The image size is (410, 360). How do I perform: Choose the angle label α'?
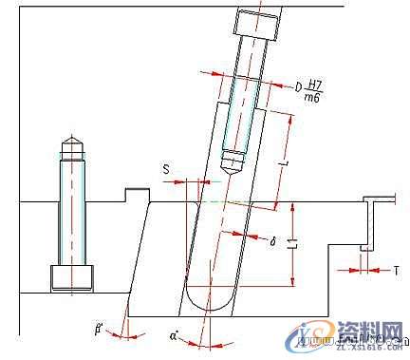[174, 335]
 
